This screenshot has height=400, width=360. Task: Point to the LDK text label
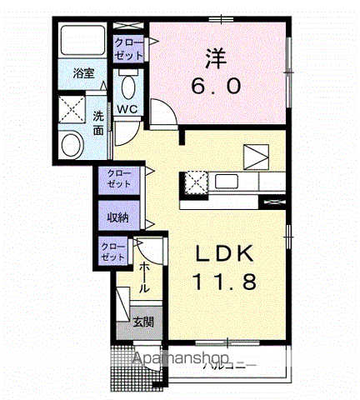[x=223, y=252]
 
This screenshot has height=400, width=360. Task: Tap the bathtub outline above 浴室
[x=83, y=41]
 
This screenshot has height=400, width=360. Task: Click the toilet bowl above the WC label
[x=128, y=86]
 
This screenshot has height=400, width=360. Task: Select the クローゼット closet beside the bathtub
[x=128, y=47]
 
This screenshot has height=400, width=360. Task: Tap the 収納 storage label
[x=117, y=217]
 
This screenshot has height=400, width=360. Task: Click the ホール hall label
[x=145, y=277]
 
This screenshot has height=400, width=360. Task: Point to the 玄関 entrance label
[x=142, y=322]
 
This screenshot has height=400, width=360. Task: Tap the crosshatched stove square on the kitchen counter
[x=197, y=182]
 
